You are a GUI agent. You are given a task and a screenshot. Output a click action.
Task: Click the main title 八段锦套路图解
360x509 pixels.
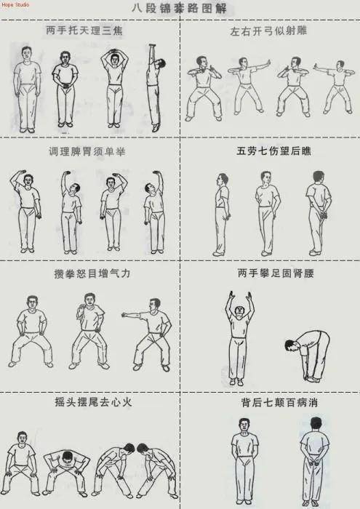pyautogui.click(x=180, y=8)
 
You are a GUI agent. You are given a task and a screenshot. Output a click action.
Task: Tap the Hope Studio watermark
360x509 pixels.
pyautogui.click(x=15, y=4)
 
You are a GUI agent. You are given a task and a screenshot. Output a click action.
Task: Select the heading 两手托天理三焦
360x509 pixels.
pyautogui.click(x=84, y=31)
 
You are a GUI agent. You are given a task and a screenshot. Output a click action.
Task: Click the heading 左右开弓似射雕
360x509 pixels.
pyautogui.click(x=269, y=31)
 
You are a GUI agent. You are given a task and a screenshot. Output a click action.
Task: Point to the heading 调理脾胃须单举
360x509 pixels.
pyautogui.click(x=87, y=151)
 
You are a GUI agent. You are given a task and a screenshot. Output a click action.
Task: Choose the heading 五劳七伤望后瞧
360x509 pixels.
pyautogui.click(x=273, y=151)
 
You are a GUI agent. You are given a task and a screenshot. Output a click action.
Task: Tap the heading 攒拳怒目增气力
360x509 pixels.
pyautogui.click(x=92, y=273)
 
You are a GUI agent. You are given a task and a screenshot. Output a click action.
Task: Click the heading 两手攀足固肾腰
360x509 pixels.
pyautogui.click(x=276, y=273)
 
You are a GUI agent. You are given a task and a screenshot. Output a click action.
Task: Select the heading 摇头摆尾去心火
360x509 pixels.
pyautogui.click(x=93, y=402)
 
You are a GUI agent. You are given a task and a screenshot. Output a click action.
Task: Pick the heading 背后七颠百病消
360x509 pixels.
pyautogui.click(x=279, y=403)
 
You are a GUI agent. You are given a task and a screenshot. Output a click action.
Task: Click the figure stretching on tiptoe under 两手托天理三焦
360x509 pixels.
pyautogui.click(x=155, y=88)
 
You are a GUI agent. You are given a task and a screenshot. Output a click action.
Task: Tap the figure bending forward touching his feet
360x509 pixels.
pyautogui.click(x=308, y=356)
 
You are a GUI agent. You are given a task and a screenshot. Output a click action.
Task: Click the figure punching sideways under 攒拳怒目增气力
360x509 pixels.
pyautogui.click(x=148, y=334)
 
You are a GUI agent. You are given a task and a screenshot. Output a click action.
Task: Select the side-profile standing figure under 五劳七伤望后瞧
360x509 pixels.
pyautogui.click(x=222, y=215)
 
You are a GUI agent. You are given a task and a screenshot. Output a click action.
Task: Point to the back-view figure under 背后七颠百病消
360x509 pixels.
pyautogui.click(x=314, y=461)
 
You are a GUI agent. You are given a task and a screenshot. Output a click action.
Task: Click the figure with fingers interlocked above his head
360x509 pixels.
pyautogui.click(x=114, y=88)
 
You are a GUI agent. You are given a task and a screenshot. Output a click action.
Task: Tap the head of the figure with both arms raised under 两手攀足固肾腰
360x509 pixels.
pyautogui.click(x=239, y=310)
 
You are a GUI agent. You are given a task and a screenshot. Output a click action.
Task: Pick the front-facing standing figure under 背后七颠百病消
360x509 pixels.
pyautogui.click(x=245, y=461)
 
